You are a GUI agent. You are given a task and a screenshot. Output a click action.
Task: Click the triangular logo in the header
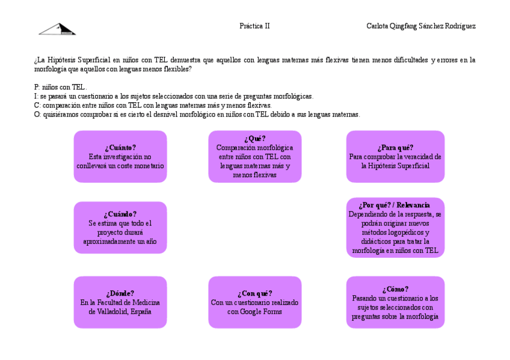click(58, 29)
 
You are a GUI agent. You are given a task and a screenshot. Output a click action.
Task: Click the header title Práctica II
click(254, 26)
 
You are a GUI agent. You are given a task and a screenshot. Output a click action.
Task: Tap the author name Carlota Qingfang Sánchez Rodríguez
click(421, 26)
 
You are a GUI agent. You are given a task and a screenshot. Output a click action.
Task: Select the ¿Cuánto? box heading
click(120, 148)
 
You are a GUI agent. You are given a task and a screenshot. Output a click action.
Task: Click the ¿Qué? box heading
click(254, 139)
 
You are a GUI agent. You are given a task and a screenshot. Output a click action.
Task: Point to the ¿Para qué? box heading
click(395, 148)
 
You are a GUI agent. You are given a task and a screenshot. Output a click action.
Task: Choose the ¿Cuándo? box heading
click(120, 214)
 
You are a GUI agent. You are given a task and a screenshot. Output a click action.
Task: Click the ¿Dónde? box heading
click(120, 293)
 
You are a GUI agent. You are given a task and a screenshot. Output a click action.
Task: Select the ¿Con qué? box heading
click(254, 293)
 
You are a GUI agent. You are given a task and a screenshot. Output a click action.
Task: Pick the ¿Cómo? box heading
click(395, 289)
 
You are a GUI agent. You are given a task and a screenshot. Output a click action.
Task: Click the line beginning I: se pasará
click(174, 96)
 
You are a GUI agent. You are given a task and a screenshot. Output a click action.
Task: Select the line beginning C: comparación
click(153, 105)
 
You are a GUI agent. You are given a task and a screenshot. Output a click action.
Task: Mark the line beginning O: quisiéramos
click(197, 114)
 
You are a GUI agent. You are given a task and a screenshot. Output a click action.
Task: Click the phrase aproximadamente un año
click(120, 241)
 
